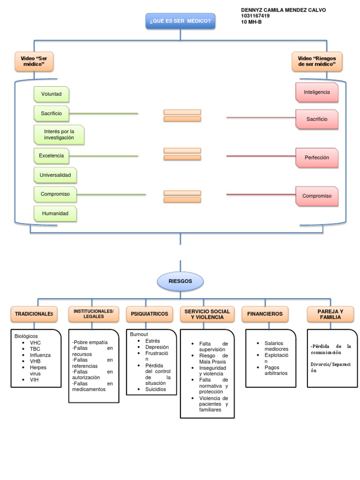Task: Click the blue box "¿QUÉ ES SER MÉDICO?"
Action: coord(180,21)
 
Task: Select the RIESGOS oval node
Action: coord(180,282)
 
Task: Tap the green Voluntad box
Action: coord(52,94)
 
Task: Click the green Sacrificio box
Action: coord(52,113)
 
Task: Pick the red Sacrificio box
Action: coord(317,119)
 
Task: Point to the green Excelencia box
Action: coord(52,156)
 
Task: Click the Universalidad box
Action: coord(55,175)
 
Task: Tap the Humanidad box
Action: coord(55,213)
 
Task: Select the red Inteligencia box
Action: coord(317,92)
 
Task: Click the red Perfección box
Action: coord(317,157)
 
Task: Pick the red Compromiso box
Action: coord(317,196)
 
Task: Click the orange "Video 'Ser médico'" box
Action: coord(34,61)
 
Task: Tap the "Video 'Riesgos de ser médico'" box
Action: coord(317,61)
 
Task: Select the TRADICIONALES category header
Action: coord(34,314)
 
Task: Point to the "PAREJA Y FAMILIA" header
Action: coord(330,314)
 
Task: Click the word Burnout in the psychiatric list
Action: coord(139,334)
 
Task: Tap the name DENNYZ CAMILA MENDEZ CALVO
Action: coord(283,10)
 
